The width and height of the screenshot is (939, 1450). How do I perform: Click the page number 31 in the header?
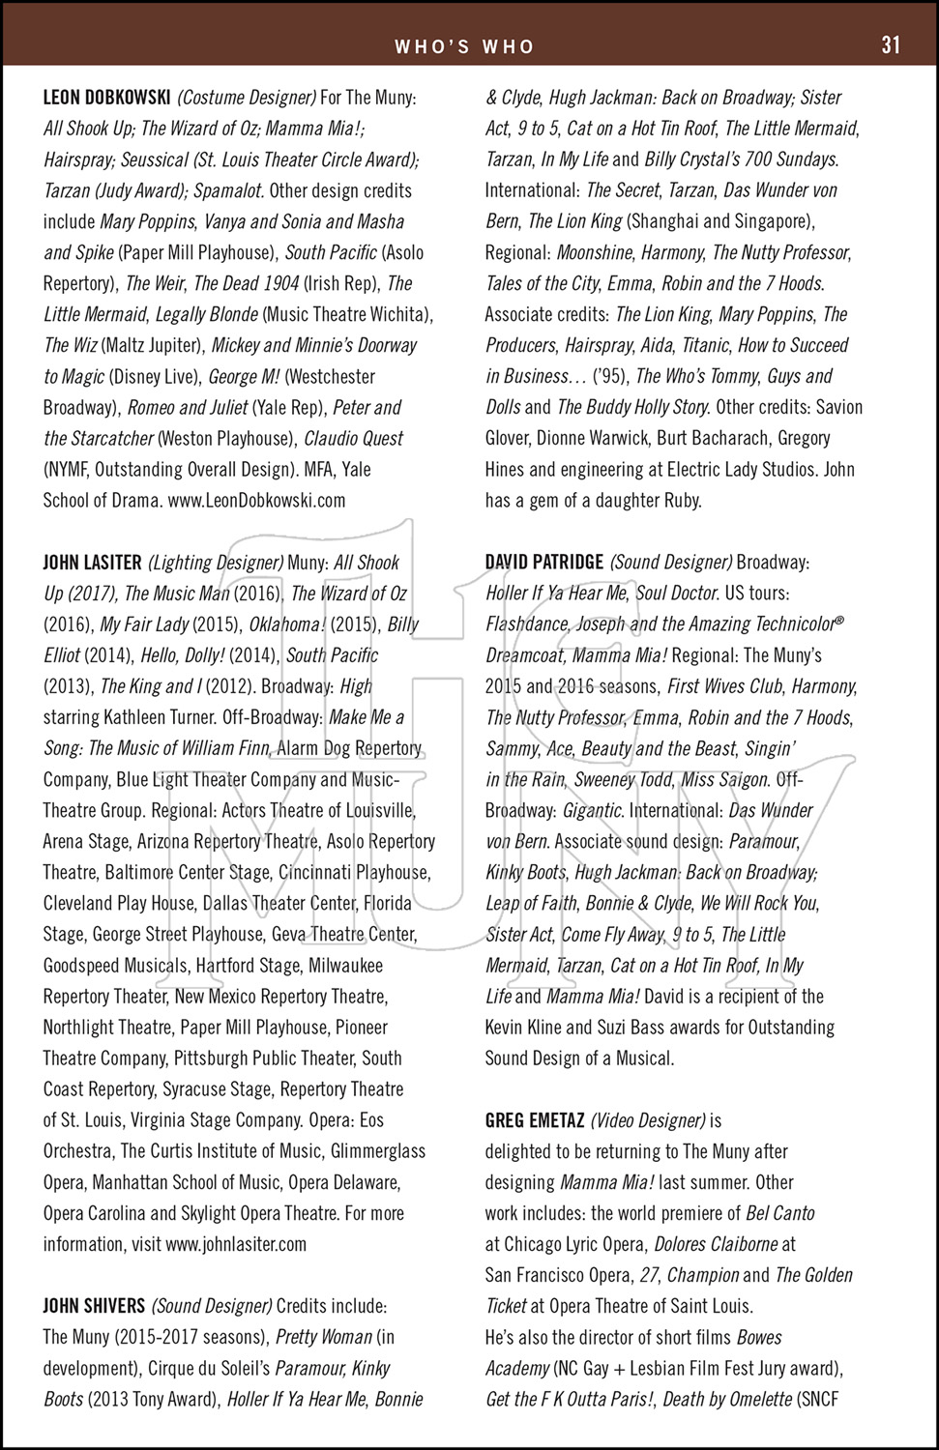tap(890, 45)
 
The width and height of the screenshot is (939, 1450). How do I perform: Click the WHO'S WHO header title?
tap(464, 46)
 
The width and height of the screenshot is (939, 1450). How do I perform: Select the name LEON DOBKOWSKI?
tap(107, 98)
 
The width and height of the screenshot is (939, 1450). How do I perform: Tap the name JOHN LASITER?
tap(92, 563)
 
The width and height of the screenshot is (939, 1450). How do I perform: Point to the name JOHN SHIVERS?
tap(94, 1307)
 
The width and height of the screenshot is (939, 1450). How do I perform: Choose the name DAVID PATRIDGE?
tap(544, 563)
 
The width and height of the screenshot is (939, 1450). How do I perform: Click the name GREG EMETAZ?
tap(534, 1121)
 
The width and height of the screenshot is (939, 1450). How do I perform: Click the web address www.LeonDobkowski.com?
tap(256, 501)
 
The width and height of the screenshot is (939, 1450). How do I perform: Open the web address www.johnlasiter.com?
tap(235, 1245)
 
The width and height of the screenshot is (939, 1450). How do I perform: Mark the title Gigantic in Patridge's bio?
tap(593, 811)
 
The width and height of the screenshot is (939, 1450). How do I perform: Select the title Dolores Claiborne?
tap(716, 1245)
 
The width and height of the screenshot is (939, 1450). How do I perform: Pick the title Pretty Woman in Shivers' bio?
tap(324, 1338)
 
